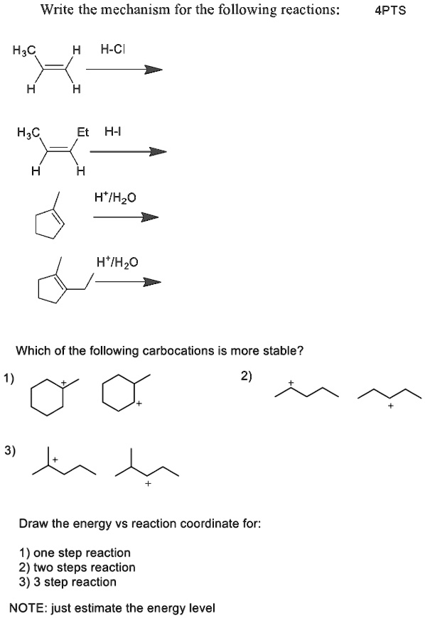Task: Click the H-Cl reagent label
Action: click(x=113, y=49)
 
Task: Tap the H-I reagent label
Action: click(x=113, y=131)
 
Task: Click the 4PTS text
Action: click(x=390, y=11)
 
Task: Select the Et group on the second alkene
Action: click(x=82, y=131)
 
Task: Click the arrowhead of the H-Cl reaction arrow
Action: click(x=153, y=70)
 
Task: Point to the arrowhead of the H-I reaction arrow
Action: click(x=157, y=152)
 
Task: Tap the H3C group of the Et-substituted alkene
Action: click(x=28, y=132)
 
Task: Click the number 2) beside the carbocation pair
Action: click(x=247, y=376)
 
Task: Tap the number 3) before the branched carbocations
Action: click(x=10, y=450)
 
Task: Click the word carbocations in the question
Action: click(x=178, y=350)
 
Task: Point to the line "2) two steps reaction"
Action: click(x=77, y=567)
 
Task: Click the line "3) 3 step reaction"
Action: click(x=68, y=582)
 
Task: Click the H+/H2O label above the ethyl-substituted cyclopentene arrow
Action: click(x=117, y=262)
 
